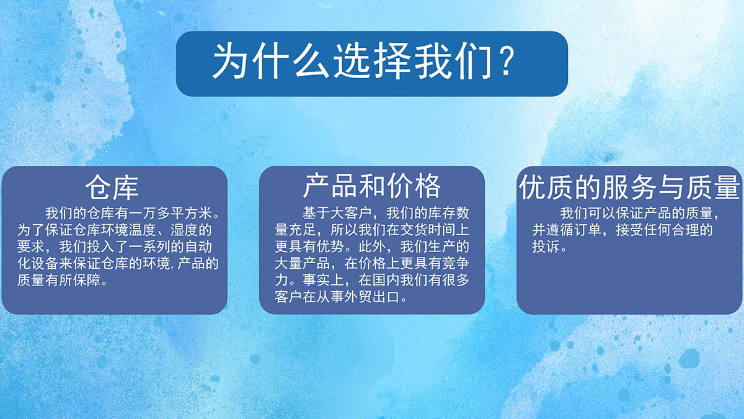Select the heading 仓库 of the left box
[112, 187]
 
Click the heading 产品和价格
[372, 186]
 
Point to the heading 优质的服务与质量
[630, 187]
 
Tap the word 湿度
[184, 230]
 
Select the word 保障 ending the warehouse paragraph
[87, 281]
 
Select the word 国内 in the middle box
[386, 281]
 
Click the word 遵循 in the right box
[560, 230]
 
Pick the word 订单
[588, 230]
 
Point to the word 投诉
[546, 247]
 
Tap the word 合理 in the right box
[686, 230]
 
